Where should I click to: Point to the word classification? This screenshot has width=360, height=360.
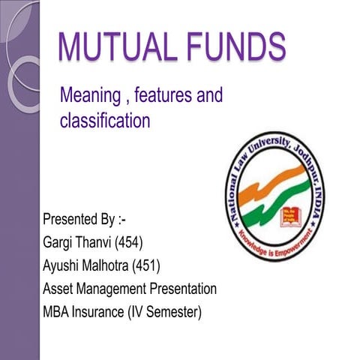pos(105,120)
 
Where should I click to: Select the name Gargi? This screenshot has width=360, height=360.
pos(61,243)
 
